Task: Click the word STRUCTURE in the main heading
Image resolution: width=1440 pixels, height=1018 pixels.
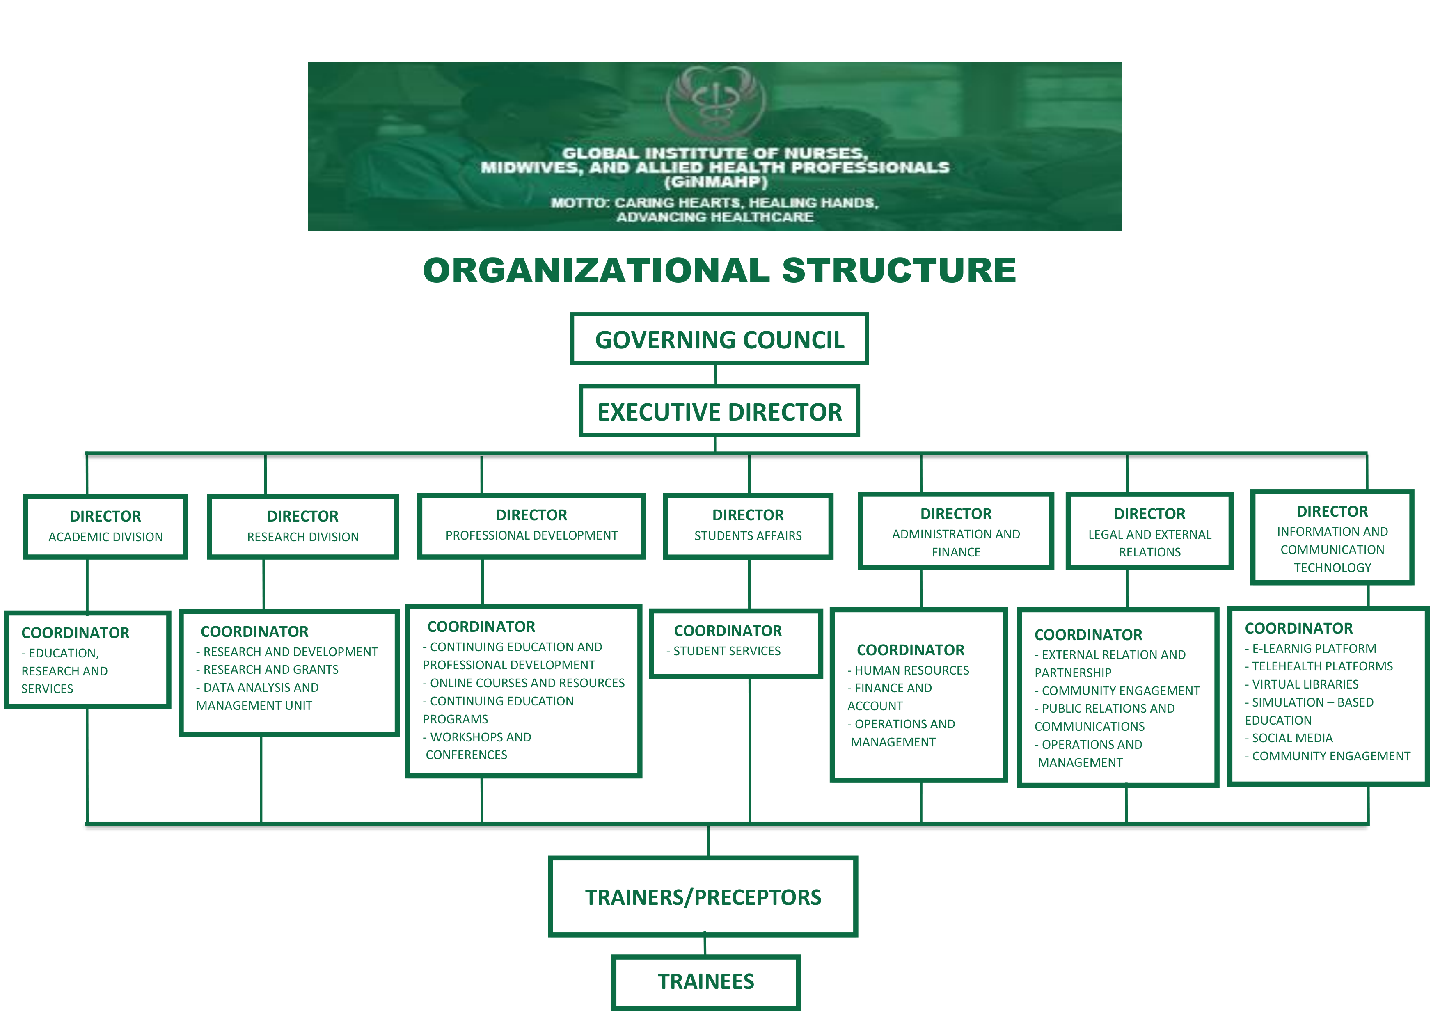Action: (898, 270)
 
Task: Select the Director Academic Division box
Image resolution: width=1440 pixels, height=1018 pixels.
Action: (105, 526)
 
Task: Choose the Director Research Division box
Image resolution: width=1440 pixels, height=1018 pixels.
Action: (302, 526)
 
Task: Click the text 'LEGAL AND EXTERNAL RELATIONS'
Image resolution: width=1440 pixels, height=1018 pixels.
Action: (1149, 543)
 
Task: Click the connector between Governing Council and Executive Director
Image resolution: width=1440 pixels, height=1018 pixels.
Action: (716, 375)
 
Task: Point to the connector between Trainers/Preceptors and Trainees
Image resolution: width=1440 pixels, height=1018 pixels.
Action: (705, 945)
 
